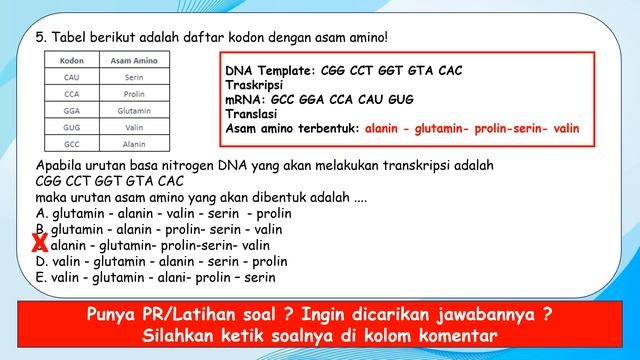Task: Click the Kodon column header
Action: pyautogui.click(x=71, y=60)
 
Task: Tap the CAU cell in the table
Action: pyautogui.click(x=71, y=76)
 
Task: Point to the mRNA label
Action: pyautogui.click(x=245, y=101)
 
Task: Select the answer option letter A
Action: pyautogui.click(x=39, y=213)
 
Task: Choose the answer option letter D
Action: pyautogui.click(x=39, y=261)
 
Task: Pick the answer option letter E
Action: pyautogui.click(x=39, y=277)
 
